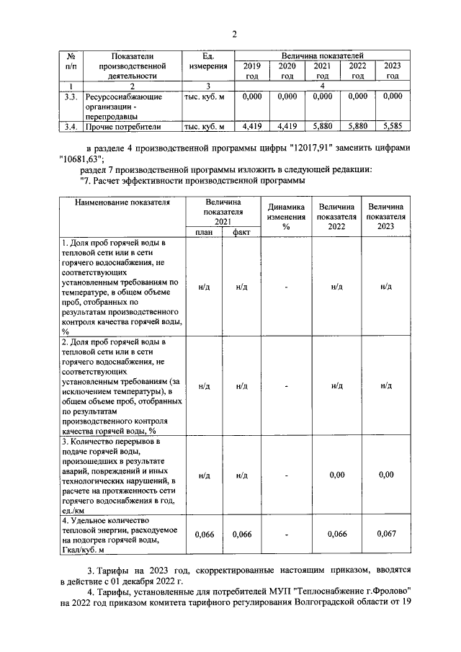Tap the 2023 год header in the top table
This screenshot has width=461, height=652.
(x=393, y=70)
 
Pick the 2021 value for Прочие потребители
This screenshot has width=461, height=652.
(x=323, y=127)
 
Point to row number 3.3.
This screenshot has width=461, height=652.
(x=70, y=96)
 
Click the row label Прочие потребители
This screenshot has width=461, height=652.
(x=122, y=128)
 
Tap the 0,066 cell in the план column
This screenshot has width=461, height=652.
(x=204, y=534)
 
